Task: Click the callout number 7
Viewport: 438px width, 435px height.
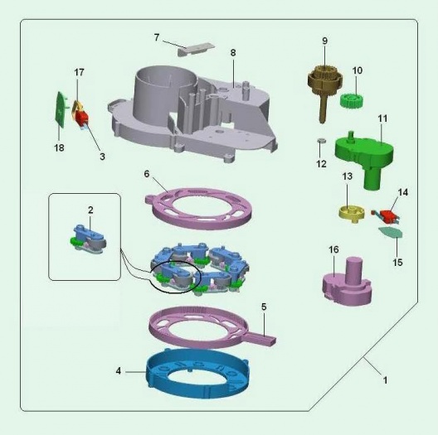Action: (157, 37)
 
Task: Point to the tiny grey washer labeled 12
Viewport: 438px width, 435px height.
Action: (322, 140)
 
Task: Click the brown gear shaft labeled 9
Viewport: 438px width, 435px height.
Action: (324, 89)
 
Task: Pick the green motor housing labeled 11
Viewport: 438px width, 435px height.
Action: (365, 155)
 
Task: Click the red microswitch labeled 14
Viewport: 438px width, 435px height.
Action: (386, 216)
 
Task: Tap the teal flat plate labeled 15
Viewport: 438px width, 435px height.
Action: (391, 232)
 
